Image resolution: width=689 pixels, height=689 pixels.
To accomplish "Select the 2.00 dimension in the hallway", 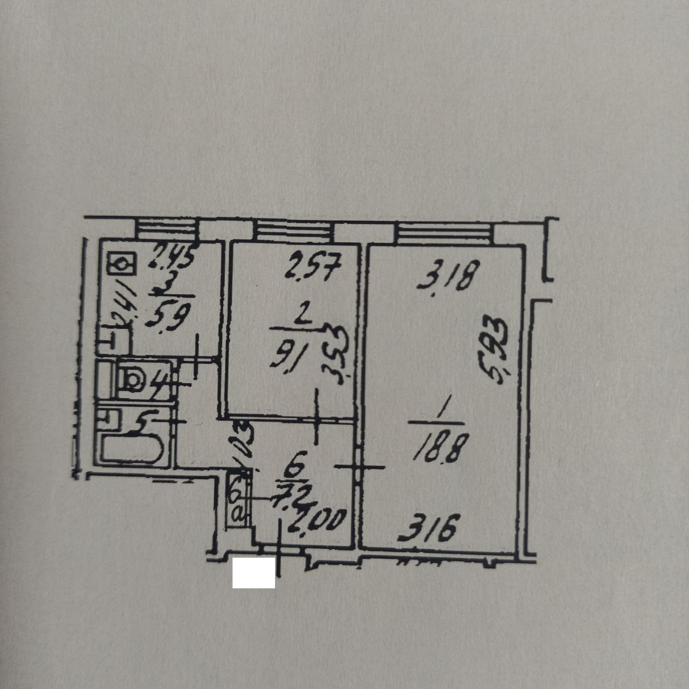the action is [318, 522].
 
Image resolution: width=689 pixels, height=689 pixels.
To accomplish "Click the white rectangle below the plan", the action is [254, 573].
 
